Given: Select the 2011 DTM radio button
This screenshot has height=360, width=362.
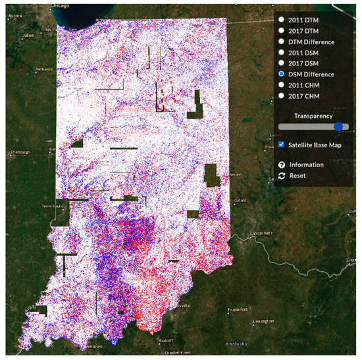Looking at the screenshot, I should click(281, 20).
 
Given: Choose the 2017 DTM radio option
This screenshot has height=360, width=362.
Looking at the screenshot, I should click(281, 30).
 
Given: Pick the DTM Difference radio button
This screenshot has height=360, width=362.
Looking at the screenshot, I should click(281, 41).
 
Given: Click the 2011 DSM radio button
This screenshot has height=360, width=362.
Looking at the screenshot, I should click(281, 52).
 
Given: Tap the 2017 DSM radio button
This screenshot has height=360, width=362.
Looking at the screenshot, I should click(281, 63).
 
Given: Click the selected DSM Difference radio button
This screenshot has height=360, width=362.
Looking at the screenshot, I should click(281, 74).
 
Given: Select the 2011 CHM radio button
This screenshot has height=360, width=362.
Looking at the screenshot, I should click(281, 84).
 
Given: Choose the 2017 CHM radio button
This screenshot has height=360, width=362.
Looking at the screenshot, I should click(281, 95).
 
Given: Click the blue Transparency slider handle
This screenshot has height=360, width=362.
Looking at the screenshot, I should click(338, 126).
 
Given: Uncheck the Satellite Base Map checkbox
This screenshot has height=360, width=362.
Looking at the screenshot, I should click(282, 144).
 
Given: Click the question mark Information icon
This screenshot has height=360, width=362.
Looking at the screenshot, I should click(282, 165).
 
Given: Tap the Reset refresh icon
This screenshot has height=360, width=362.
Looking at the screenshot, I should click(282, 176).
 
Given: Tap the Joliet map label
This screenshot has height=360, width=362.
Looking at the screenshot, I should click(28, 36).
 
